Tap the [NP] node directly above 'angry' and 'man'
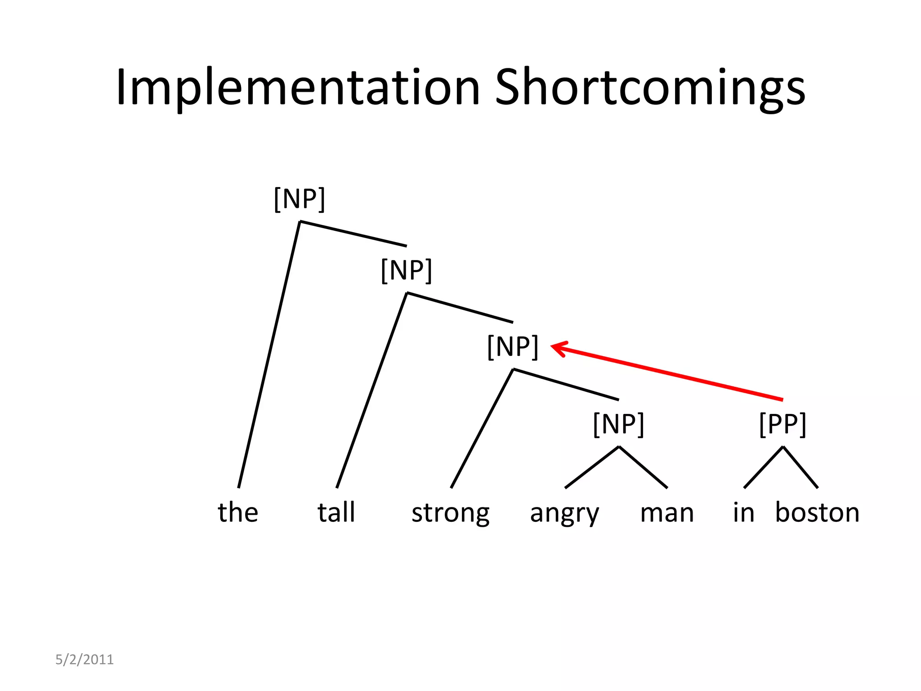tap(619, 424)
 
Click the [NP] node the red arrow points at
tap(513, 346)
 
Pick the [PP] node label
tap(782, 424)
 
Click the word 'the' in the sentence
tap(238, 512)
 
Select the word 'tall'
tap(336, 512)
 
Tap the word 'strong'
tap(450, 513)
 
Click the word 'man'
tap(667, 513)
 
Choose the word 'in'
tap(743, 512)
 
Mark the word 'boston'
tap(817, 512)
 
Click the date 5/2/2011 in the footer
tap(85, 660)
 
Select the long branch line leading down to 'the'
tap(269, 354)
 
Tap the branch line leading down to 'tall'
tap(371, 390)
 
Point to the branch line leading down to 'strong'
tap(482, 428)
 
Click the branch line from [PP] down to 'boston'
tap(800, 467)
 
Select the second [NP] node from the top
tap(406, 270)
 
